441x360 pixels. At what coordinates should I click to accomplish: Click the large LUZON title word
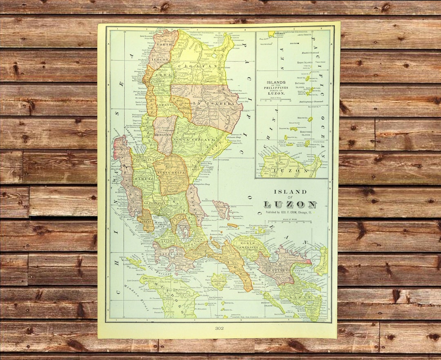click(290, 204)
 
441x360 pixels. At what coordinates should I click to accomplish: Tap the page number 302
click(219, 328)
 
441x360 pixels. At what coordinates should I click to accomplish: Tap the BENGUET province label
click(163, 134)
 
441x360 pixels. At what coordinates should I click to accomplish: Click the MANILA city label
click(165, 224)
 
